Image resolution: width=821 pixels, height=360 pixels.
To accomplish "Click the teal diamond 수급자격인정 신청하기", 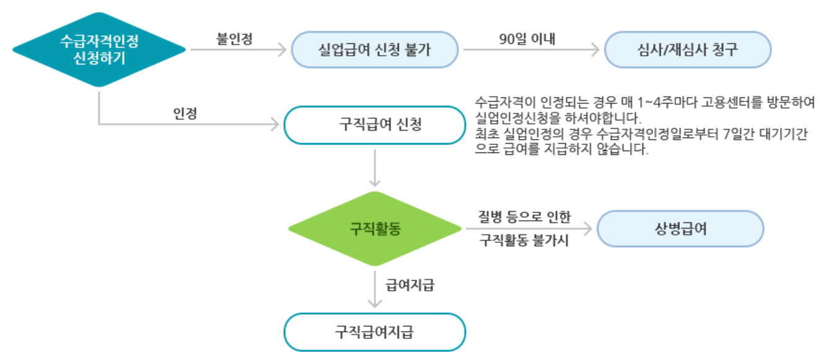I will (x=99, y=50).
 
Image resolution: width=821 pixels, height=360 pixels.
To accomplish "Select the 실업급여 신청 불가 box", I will (x=375, y=50).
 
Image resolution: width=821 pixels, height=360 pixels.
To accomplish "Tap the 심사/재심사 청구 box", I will (x=688, y=50).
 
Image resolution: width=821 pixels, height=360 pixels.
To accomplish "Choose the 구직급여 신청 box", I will (x=374, y=125).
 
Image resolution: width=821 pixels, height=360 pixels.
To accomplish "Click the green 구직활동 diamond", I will (x=375, y=229).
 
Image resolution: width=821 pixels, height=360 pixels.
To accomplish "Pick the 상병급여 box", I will (x=680, y=228).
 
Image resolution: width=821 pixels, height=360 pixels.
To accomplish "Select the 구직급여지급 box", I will (x=374, y=332).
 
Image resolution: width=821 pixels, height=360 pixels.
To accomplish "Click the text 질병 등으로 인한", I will (x=524, y=217).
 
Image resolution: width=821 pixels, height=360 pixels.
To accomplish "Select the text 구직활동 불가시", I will (x=524, y=241).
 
